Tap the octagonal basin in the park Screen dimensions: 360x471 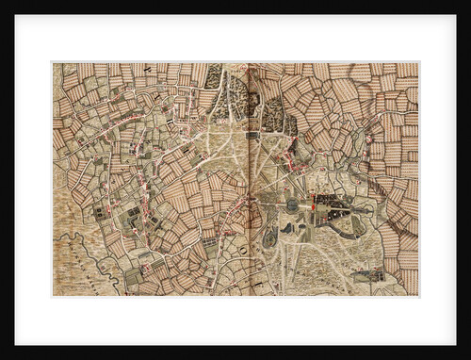pos(292,205)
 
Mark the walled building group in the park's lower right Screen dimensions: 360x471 pos(367,275)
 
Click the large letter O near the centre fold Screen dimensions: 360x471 pos(242,249)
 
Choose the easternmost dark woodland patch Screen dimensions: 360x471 pos(274,114)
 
